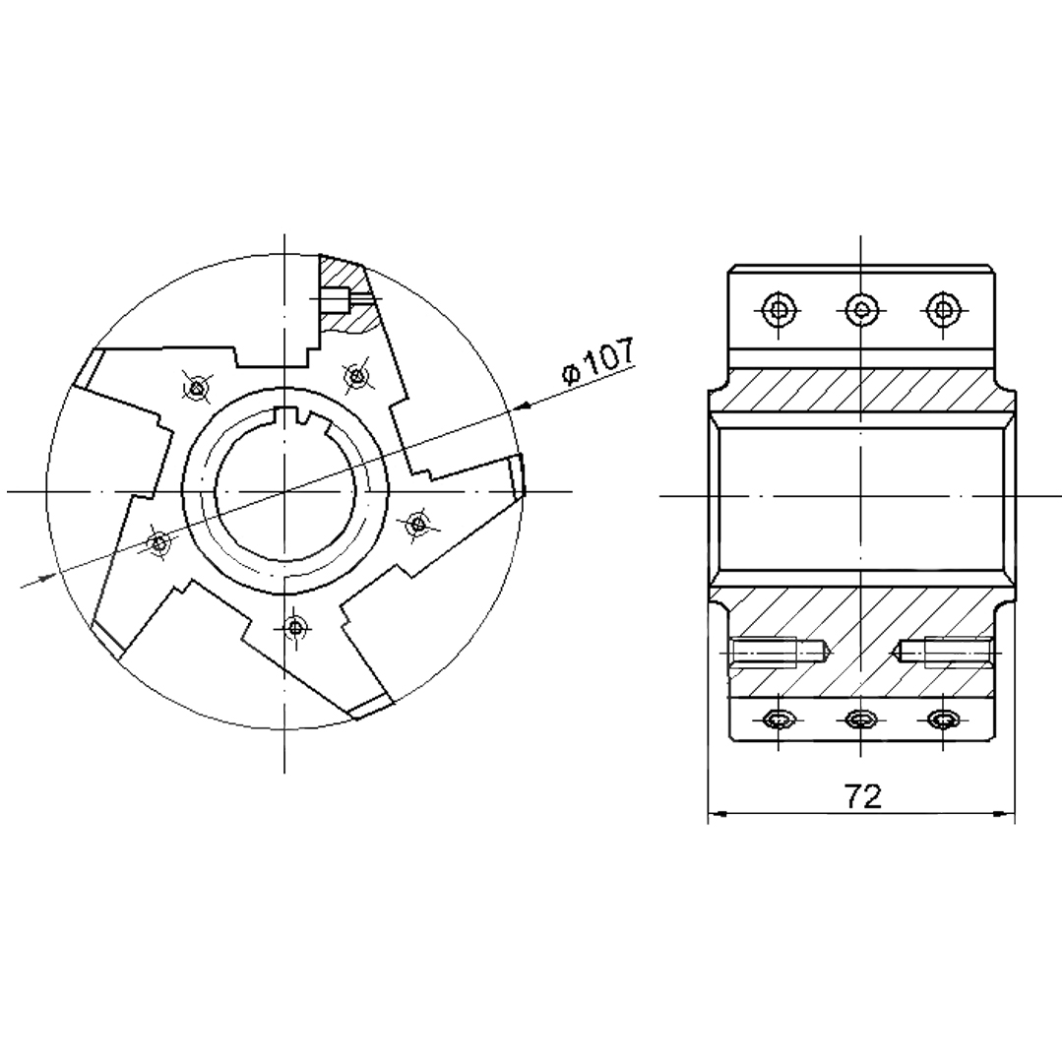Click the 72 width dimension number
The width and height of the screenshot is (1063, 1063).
pyautogui.click(x=862, y=796)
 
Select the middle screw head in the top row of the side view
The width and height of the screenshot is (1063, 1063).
pyautogui.click(x=861, y=310)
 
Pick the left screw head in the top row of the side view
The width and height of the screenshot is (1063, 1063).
pyautogui.click(x=778, y=310)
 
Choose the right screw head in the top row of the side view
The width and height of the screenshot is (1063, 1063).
pyautogui.click(x=943, y=310)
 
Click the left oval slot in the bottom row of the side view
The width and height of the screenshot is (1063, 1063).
pyautogui.click(x=778, y=719)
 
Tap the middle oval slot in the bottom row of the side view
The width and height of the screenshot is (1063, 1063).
pyautogui.click(x=860, y=719)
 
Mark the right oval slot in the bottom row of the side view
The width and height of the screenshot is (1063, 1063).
pyautogui.click(x=943, y=719)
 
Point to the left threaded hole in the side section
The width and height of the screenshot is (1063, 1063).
pyautogui.click(x=781, y=653)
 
